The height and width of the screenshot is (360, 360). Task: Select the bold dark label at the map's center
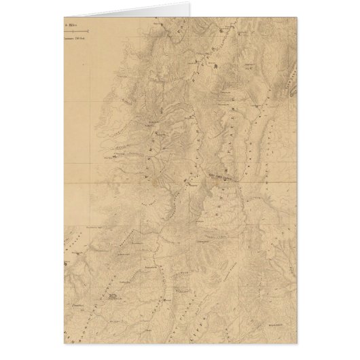[204, 174]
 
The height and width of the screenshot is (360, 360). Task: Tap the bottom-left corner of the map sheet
[58, 343]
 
